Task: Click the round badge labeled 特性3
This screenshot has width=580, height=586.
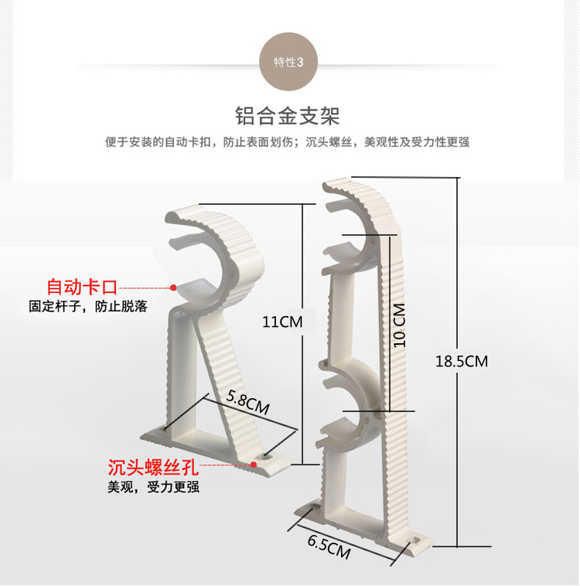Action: [289, 62]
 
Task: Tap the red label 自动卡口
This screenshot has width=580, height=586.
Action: [82, 288]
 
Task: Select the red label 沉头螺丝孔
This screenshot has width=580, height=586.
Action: [154, 467]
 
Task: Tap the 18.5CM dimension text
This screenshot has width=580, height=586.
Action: [461, 361]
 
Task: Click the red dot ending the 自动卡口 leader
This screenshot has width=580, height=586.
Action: [173, 288]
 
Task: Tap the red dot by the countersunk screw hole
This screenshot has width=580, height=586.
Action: [254, 464]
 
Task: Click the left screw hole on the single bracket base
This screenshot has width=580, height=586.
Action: [164, 428]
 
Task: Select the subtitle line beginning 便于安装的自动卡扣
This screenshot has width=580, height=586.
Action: [288, 142]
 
